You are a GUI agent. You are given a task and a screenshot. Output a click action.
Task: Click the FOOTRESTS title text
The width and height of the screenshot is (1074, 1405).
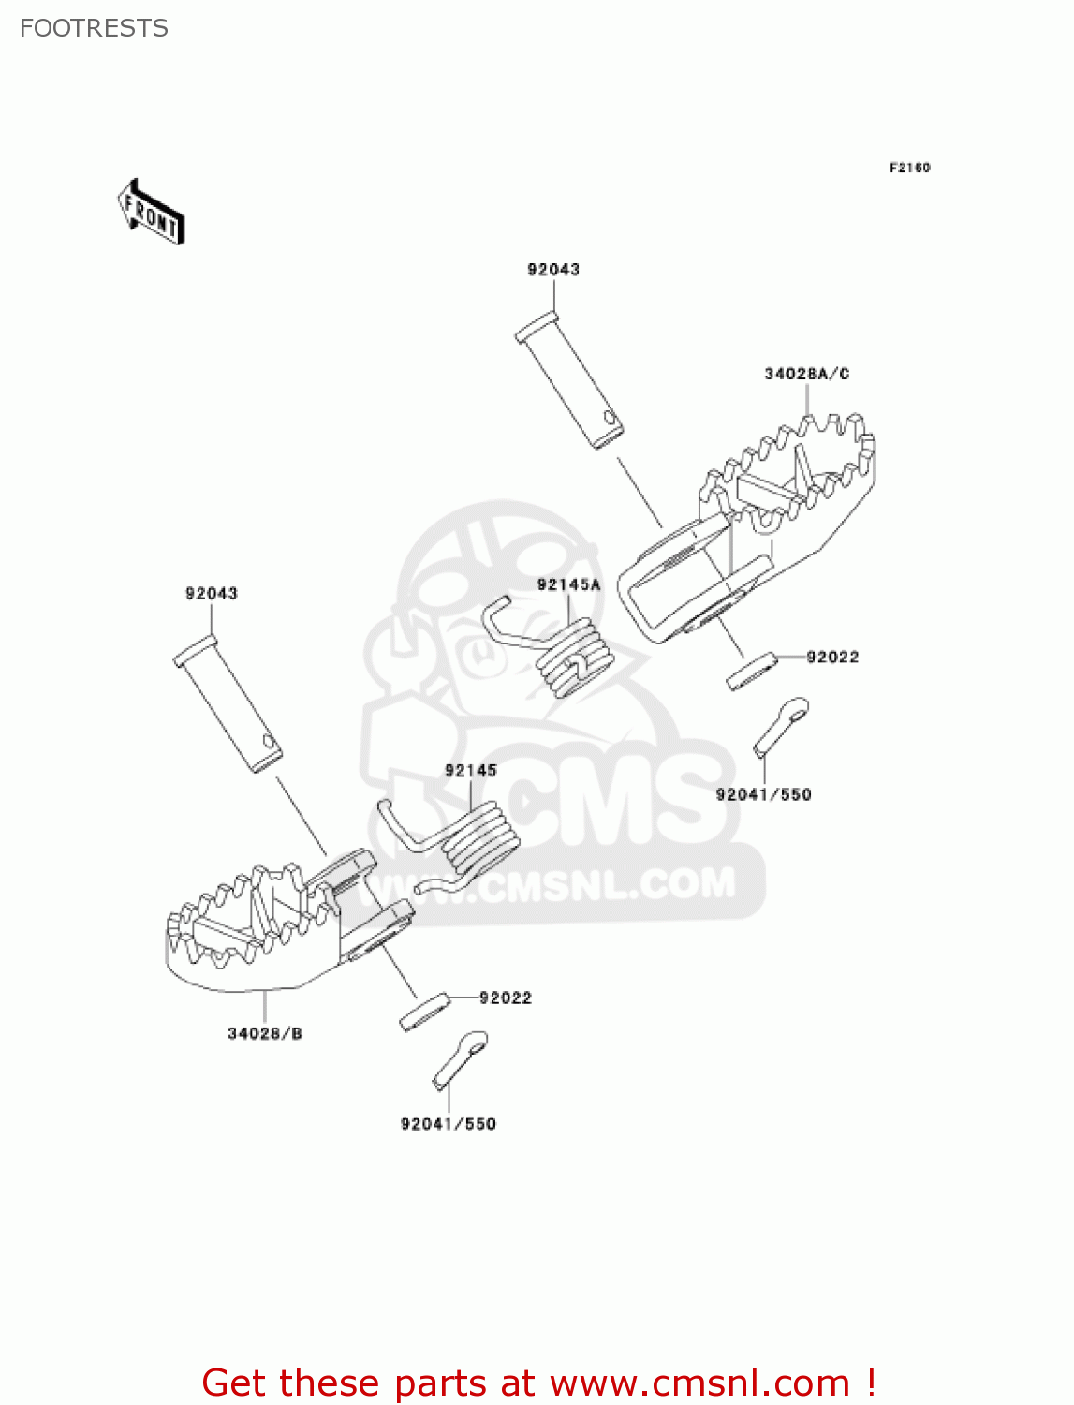pos(94,28)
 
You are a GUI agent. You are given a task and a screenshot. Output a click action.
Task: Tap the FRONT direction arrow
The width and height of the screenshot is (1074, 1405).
pos(151,212)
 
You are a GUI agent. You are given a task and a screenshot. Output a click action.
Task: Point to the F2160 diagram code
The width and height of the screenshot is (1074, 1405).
pos(909,168)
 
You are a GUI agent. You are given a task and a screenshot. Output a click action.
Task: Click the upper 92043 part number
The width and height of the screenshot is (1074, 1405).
pos(553,270)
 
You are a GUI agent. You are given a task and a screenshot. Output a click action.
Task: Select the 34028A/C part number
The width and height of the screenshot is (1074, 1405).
pos(806,374)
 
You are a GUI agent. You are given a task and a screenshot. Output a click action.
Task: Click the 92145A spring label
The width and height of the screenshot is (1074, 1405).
pos(568,585)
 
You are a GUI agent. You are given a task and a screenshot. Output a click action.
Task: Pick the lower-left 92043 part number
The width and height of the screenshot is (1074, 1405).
pos(212,593)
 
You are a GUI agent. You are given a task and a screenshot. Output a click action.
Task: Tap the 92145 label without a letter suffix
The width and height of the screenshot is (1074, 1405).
pos(471,770)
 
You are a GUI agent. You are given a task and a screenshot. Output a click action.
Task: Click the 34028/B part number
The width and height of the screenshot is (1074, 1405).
pos(265,1033)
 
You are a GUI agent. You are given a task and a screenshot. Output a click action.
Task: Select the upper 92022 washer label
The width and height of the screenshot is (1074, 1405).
pos(832,657)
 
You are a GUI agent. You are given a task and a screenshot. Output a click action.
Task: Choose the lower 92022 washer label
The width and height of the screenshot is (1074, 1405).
pos(506,998)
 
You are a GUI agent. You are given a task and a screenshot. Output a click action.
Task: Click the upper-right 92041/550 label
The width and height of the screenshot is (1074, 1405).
pos(763,794)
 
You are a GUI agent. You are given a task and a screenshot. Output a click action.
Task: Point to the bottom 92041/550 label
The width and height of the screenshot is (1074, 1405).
pos(448,1123)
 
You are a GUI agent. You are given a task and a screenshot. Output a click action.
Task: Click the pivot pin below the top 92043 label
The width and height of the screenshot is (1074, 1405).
pos(569,383)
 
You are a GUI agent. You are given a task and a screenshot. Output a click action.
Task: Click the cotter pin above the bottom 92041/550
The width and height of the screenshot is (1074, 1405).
pos(460,1057)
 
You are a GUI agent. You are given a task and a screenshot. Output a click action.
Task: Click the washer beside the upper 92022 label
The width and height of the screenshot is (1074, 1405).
pos(752,672)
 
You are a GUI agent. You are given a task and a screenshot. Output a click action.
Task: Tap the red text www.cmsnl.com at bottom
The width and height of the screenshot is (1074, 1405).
pos(699,1383)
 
